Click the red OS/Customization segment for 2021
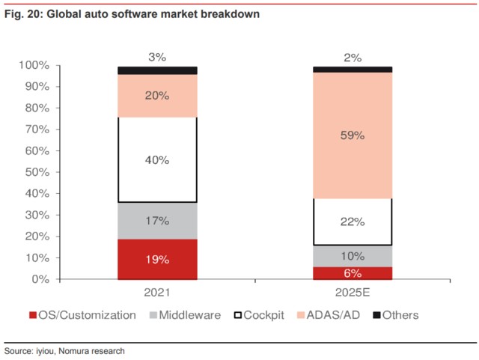pyautogui.click(x=157, y=259)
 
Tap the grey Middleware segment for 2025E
pyautogui.click(x=353, y=255)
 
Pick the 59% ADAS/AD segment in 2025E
pyautogui.click(x=353, y=135)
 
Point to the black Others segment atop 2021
pyautogui.click(x=157, y=70)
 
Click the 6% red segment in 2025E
pyautogui.click(x=353, y=273)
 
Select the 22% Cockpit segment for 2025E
pyautogui.click(x=353, y=222)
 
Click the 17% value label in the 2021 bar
pyautogui.click(x=157, y=222)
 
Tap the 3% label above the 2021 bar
pyautogui.click(x=157, y=57)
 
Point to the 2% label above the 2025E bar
pyautogui.click(x=353, y=57)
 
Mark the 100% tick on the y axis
pyautogui.click(x=34, y=66)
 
